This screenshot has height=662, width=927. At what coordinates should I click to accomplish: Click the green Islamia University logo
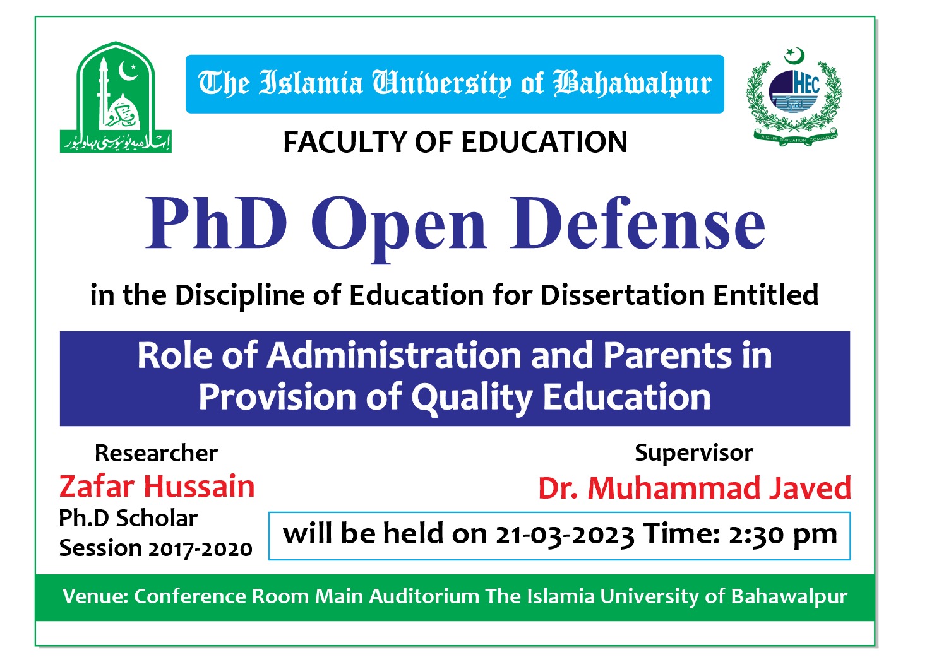tap(116, 98)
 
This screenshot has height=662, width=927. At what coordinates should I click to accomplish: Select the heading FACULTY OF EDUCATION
tap(455, 142)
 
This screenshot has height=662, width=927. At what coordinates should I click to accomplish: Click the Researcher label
tap(156, 453)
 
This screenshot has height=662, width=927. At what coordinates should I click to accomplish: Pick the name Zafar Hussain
tap(157, 487)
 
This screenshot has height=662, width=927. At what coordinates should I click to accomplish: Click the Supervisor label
tap(693, 452)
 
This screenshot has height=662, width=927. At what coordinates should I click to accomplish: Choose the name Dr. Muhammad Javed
tap(695, 488)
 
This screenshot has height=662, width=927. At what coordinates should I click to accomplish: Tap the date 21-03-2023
tap(564, 535)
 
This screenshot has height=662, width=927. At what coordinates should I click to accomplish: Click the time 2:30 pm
tap(782, 535)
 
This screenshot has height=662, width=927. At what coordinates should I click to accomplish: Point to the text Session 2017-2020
tap(155, 548)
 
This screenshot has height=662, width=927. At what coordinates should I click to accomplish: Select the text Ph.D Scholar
tap(128, 518)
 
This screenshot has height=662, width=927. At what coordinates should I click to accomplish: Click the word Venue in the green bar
tap(95, 596)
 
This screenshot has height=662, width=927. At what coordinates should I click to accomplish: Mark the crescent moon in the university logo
tap(129, 71)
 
